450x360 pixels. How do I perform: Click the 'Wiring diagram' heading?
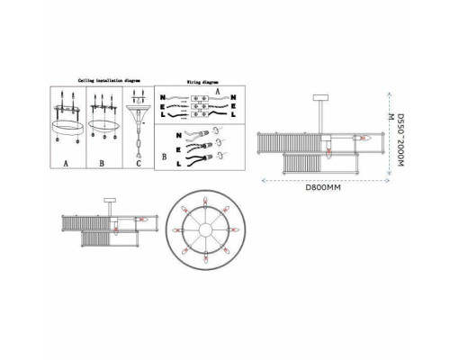click(193, 79)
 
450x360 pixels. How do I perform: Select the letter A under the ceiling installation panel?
click(66, 166)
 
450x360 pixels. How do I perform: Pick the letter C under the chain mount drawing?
click(138, 166)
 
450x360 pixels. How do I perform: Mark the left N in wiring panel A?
click(161, 96)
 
